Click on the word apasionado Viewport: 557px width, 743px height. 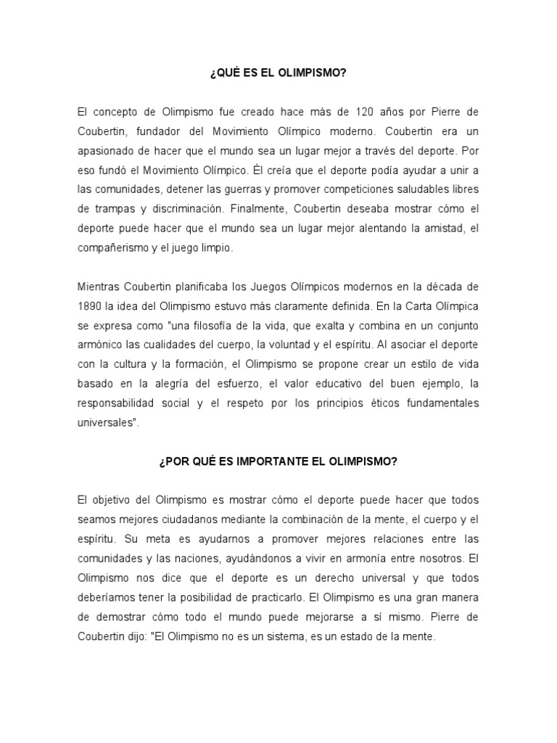click(110, 152)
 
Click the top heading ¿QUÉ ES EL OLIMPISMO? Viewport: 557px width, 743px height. click(278, 73)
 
